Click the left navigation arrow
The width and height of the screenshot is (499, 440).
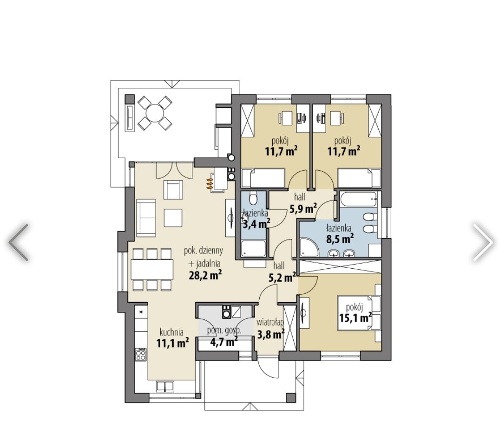[18, 242]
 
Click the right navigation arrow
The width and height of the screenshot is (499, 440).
[483, 242]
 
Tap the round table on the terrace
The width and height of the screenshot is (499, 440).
[155, 112]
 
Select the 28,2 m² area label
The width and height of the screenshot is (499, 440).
[205, 275]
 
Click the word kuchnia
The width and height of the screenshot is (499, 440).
[171, 332]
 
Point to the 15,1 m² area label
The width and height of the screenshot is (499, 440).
[355, 317]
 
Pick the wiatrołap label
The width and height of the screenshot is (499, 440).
[270, 323]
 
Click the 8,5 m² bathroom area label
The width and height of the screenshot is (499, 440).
[340, 238]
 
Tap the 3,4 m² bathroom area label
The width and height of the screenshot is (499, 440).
[256, 224]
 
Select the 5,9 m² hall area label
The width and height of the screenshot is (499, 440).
[303, 208]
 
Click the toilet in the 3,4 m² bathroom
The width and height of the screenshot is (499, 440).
[253, 198]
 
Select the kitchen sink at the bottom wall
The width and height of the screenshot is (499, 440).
[165, 386]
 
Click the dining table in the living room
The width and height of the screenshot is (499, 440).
[152, 270]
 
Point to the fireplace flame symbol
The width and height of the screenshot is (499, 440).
[210, 184]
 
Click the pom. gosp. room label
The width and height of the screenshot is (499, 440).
[224, 330]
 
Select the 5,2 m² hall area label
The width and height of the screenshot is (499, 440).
[282, 278]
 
